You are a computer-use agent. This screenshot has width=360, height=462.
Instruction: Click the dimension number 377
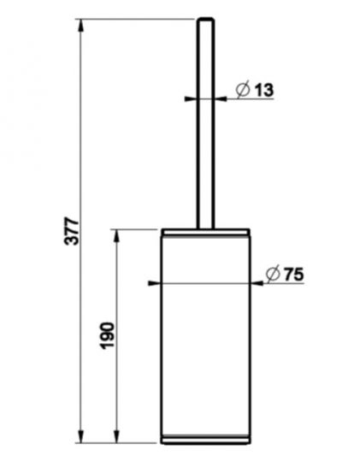72,231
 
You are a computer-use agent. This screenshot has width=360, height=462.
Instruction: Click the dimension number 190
107,335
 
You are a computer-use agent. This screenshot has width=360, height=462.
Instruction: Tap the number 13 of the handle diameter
264,90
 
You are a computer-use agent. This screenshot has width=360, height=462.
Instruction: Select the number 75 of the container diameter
293,275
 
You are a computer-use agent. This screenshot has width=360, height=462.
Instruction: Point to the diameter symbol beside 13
243,89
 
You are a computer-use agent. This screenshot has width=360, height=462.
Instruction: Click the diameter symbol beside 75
273,274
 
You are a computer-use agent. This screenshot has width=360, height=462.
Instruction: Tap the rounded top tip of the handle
206,19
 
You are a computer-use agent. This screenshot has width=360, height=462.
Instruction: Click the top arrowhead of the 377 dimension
80,26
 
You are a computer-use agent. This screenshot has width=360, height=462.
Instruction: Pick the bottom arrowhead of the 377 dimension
80,435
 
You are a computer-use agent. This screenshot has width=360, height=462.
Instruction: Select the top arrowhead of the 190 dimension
116,236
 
